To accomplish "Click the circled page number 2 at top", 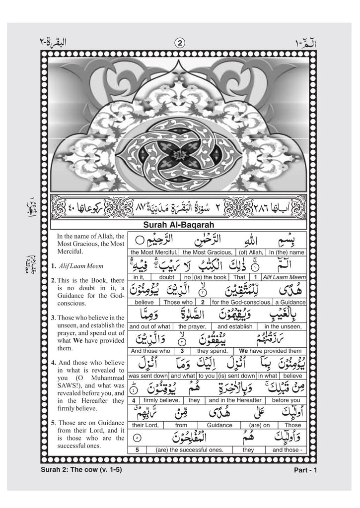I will [x=180, y=43].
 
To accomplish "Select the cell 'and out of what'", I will [x=149, y=327].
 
